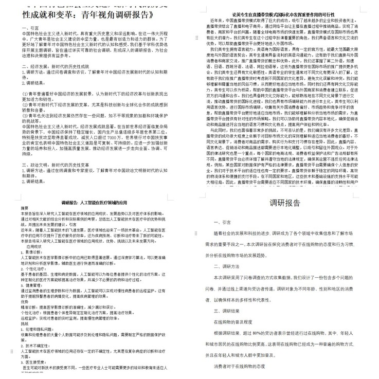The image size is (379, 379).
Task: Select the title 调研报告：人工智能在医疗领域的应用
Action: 93,203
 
